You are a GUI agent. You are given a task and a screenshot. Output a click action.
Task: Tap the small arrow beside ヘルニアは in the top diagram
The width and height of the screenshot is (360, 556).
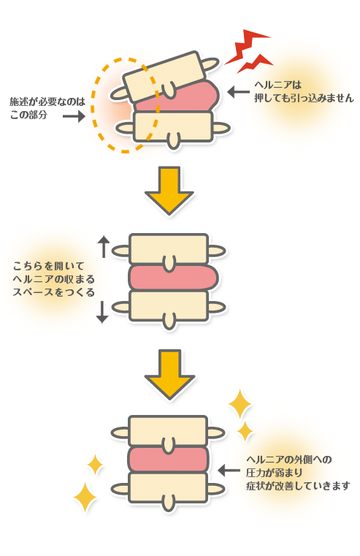click(237, 92)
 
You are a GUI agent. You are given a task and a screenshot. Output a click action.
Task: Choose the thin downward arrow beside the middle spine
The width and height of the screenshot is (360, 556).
click(102, 312)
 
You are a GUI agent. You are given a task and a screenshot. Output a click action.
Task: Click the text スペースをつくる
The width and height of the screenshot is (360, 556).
click(53, 292)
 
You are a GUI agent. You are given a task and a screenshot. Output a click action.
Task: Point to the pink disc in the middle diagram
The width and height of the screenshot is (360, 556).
click(174, 278)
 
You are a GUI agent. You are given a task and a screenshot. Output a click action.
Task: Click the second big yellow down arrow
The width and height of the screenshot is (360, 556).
click(169, 373)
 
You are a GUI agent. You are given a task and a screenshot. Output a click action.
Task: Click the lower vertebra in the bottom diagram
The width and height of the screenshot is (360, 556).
click(169, 487)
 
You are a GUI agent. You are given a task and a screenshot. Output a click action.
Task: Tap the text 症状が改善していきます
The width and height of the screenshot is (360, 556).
click(298, 485)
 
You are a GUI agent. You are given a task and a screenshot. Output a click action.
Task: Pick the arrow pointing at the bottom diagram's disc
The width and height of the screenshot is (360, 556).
click(231, 472)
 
